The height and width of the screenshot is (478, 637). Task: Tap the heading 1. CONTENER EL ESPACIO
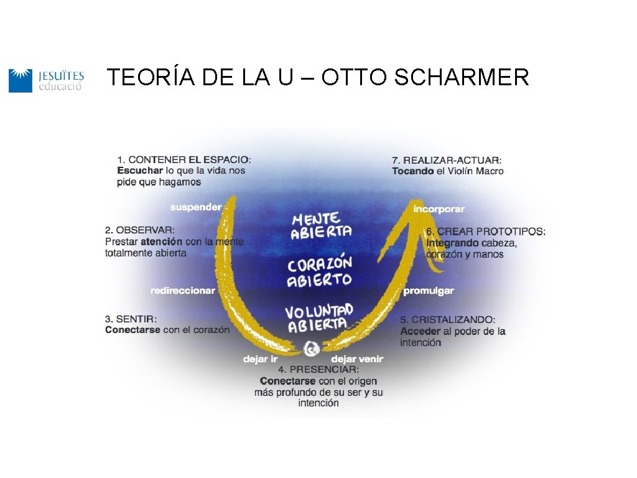click(x=184, y=159)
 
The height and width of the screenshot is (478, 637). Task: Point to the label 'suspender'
click(x=195, y=207)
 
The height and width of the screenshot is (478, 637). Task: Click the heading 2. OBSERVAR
click(x=140, y=230)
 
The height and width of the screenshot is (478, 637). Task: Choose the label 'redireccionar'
click(x=182, y=291)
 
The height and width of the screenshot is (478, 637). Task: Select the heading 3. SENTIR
click(x=131, y=319)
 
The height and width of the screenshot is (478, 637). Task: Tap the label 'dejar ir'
click(x=260, y=359)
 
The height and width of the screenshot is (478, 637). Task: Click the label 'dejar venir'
click(x=357, y=359)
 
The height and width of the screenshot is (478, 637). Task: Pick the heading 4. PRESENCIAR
click(x=318, y=370)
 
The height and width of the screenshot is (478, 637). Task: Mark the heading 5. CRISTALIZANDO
click(x=448, y=319)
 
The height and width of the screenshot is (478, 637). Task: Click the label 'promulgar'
click(x=429, y=291)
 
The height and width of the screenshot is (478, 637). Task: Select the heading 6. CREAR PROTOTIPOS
click(x=486, y=232)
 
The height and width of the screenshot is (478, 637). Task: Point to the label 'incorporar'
click(x=439, y=209)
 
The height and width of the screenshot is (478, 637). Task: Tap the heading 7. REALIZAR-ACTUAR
click(x=447, y=160)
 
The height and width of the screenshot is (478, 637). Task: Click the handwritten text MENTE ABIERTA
click(x=320, y=225)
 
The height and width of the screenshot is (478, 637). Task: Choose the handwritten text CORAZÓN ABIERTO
click(x=319, y=273)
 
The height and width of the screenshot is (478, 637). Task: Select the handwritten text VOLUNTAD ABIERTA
click(x=318, y=317)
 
